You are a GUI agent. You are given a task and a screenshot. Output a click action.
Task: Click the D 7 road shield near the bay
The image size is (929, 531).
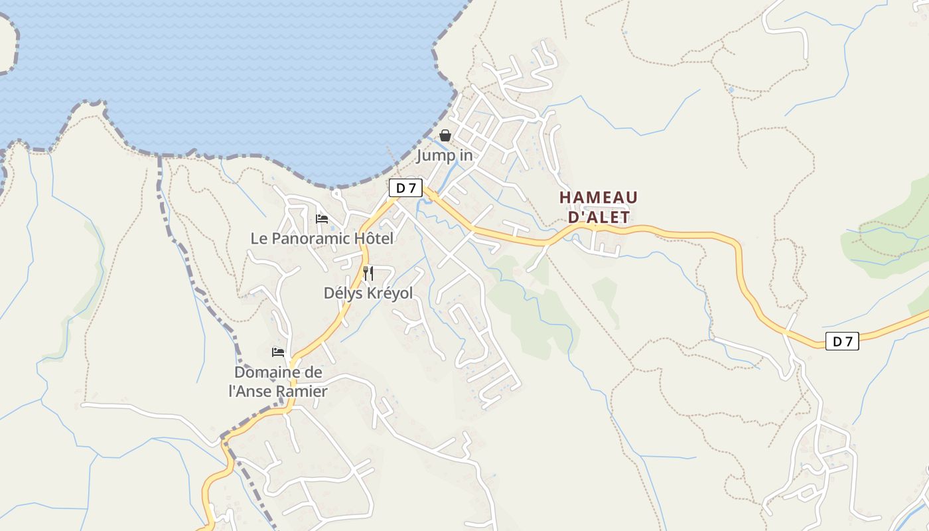[x=405, y=188]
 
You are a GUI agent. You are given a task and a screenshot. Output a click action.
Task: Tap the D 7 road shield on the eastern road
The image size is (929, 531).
[x=842, y=342]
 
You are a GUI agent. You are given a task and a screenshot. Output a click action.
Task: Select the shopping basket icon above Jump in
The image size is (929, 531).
[x=445, y=135]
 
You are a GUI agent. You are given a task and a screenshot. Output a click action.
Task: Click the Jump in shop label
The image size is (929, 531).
[x=445, y=156]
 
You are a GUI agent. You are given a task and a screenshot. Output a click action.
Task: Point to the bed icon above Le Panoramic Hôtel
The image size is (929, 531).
[x=322, y=218]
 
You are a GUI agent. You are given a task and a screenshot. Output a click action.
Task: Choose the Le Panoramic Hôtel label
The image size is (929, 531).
[x=322, y=238]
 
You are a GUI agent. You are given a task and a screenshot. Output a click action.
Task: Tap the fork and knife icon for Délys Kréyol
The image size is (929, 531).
[x=368, y=273]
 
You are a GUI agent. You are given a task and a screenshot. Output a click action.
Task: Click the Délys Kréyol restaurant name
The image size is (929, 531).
[x=368, y=293]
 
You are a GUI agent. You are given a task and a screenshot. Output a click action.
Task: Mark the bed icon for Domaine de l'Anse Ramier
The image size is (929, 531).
[x=278, y=352]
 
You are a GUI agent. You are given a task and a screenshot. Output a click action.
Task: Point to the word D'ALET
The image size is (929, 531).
[x=599, y=218]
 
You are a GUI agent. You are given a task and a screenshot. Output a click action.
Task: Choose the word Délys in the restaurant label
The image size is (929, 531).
[x=342, y=293]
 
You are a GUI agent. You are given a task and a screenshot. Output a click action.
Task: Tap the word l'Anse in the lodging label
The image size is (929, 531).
[x=251, y=392]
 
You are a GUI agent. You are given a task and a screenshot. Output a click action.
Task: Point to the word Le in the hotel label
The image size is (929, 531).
[x=259, y=238]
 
